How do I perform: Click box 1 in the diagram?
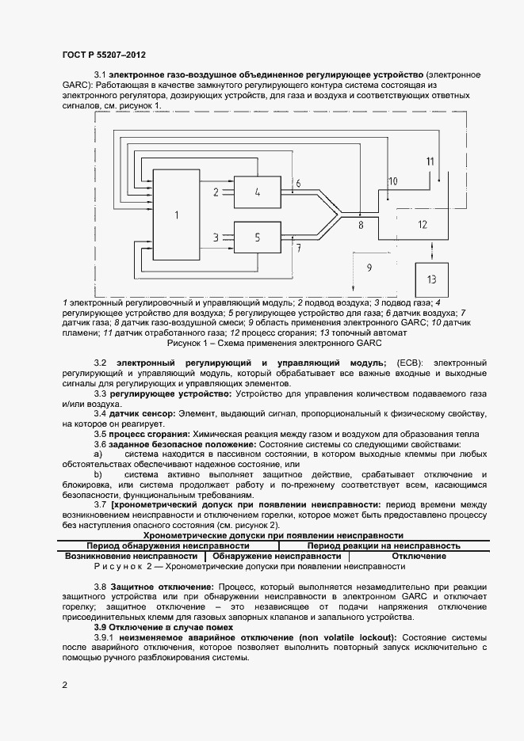coord(176,214)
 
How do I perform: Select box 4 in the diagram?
coord(258,191)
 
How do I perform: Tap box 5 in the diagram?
coord(258,236)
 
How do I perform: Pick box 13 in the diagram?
coord(430,279)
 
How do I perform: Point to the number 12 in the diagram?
coord(423,224)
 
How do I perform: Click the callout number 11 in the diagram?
coord(430,161)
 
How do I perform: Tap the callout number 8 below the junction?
coord(361,226)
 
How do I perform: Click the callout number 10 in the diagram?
coord(392,181)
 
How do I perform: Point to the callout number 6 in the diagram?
coord(298,184)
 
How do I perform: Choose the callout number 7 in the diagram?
coord(298,248)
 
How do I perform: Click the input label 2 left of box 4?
coord(216,191)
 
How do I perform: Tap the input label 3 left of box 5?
coord(216,236)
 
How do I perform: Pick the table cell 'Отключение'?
coord(418,556)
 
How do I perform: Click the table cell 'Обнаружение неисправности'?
coord(277,556)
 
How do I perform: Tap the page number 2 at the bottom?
coord(64,683)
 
